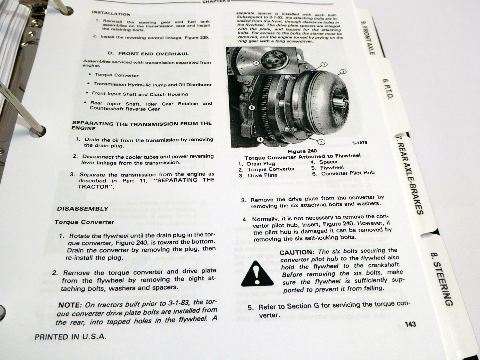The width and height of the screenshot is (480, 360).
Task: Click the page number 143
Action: tap(410, 324)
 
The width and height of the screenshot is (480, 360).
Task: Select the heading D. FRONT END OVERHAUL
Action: tap(148, 54)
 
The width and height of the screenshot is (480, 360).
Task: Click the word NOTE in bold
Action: tap(70, 305)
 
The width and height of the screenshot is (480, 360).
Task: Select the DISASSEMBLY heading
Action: tap(82, 208)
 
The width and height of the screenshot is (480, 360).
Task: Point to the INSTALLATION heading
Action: tap(111, 14)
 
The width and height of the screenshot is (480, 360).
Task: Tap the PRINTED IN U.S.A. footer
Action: tap(70, 337)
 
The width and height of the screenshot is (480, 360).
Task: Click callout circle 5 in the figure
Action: tap(251, 107)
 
